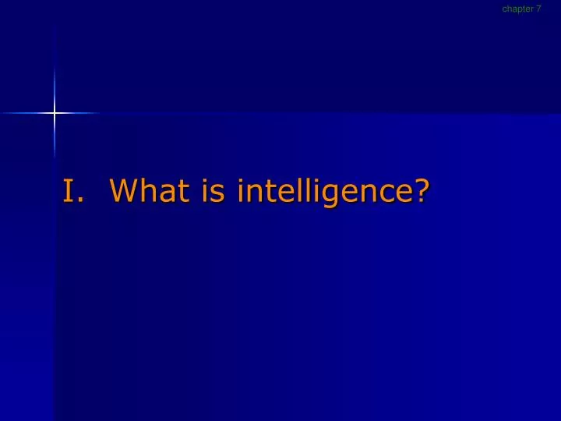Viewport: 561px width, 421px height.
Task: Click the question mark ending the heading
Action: pos(421,190)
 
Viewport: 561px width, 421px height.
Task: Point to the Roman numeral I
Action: pos(69,190)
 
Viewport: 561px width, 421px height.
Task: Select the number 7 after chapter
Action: pos(538,9)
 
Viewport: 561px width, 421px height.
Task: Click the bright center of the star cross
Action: pos(55,114)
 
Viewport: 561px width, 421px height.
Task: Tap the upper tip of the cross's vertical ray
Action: pos(55,31)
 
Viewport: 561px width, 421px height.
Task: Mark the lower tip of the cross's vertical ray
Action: pos(55,160)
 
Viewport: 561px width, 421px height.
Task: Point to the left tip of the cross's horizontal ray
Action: pos(2,114)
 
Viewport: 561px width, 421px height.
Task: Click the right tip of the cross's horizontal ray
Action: pos(101,114)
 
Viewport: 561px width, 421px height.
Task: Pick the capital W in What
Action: pos(125,190)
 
